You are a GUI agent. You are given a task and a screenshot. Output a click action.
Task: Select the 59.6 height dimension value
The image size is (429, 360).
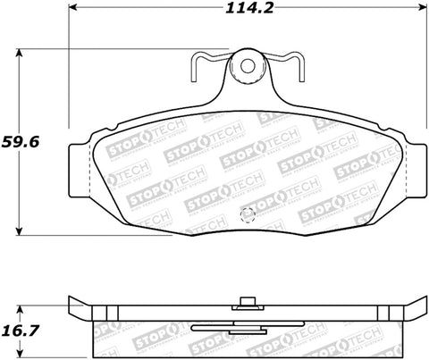[x=21, y=141]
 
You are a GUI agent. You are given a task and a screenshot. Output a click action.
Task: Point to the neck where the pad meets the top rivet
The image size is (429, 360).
[x=246, y=89]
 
